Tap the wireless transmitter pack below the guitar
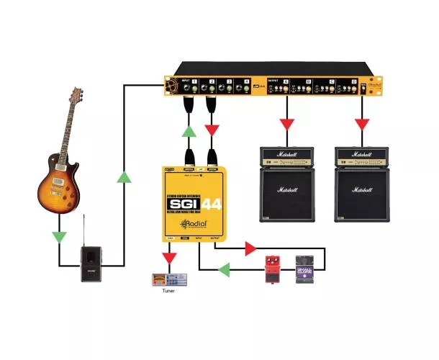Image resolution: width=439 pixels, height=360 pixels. [x=90, y=258]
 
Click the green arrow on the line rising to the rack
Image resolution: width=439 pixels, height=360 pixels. [x=125, y=176]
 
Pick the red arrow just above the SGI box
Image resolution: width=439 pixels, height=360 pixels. [x=212, y=130]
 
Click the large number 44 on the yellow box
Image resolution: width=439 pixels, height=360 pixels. [x=213, y=203]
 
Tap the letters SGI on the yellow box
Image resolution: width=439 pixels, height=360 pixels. [x=184, y=203]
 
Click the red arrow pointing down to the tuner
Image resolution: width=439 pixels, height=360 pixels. [x=169, y=256]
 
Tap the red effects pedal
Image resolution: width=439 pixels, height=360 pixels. [x=273, y=266]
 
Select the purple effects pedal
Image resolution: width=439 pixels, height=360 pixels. [x=304, y=268]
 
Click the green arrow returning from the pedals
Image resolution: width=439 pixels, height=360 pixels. [x=225, y=270]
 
